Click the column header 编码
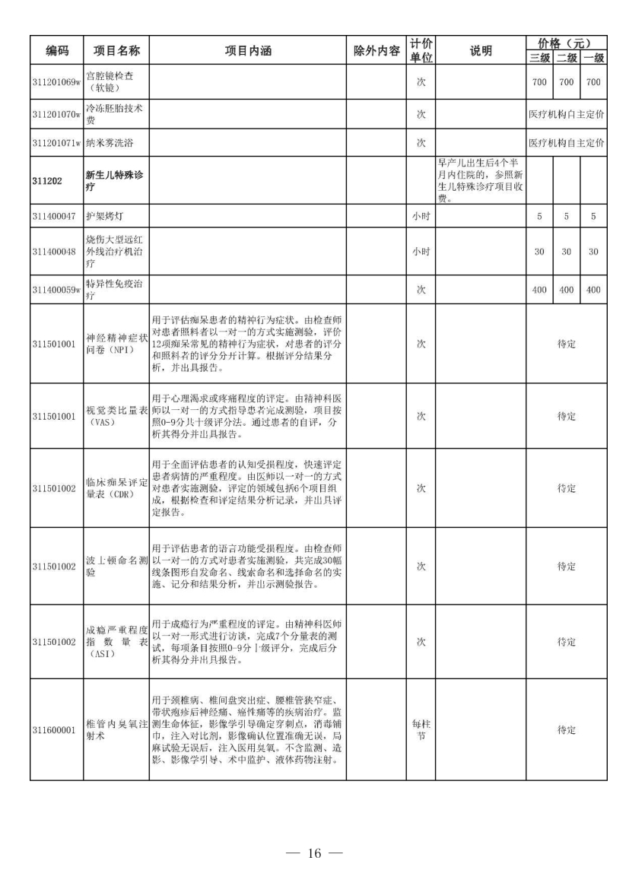57,52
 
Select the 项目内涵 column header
247,52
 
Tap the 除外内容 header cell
376,52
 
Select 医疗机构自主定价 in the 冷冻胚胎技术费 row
567,114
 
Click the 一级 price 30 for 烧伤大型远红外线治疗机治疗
594,251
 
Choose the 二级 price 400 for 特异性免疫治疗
566,289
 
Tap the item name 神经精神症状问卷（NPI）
115,344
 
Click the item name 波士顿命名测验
115,566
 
